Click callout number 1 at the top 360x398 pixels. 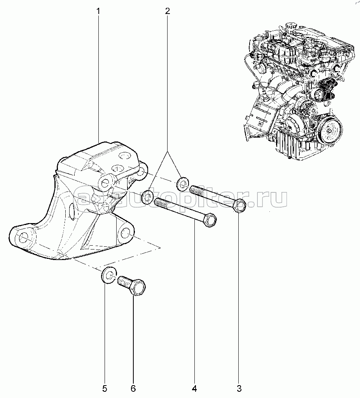(x=98, y=11)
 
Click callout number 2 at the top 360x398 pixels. (x=167, y=11)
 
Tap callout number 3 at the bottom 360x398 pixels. (x=239, y=388)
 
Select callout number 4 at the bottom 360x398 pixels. (x=194, y=388)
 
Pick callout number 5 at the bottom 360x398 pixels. (x=105, y=388)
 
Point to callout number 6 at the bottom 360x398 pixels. (x=133, y=388)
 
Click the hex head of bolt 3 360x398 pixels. (x=239, y=206)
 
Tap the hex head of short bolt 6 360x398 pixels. (x=138, y=288)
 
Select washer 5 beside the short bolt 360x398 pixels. (x=108, y=276)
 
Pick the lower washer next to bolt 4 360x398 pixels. (x=147, y=197)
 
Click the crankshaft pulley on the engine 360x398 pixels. (x=330, y=130)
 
